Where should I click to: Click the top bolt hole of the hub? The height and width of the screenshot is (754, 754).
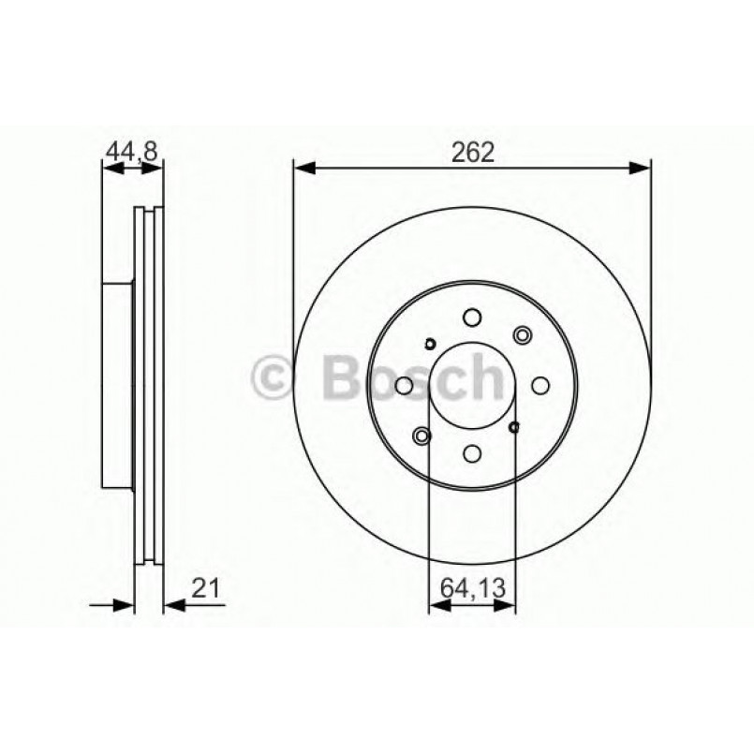click(472, 318)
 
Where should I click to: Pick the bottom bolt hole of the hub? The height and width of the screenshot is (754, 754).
click(472, 453)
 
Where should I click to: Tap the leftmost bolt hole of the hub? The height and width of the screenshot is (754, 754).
click(405, 386)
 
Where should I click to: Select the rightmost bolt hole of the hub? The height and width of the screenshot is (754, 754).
click(540, 385)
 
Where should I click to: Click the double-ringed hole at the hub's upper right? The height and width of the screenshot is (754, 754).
click(522, 334)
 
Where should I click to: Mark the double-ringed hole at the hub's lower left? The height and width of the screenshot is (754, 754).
click(422, 436)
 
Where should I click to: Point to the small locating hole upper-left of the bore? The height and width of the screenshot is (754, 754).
click(430, 343)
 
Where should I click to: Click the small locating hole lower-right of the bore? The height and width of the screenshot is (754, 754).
click(513, 428)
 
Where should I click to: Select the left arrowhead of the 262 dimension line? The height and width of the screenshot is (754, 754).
click(302, 168)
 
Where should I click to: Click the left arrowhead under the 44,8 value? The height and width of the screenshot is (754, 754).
click(108, 168)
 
